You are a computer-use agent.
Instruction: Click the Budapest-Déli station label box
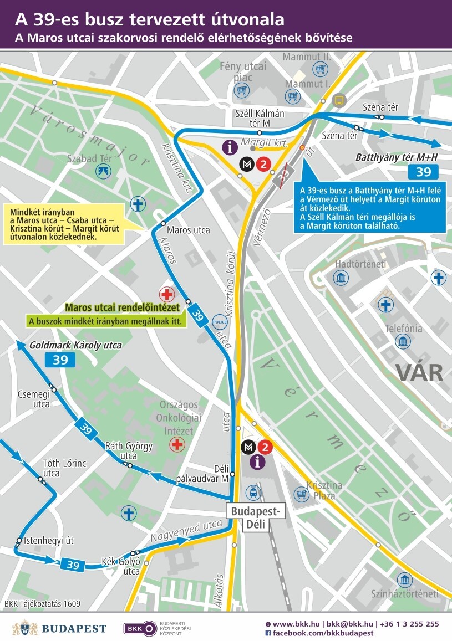(256, 511)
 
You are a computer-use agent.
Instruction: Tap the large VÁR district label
(419, 372)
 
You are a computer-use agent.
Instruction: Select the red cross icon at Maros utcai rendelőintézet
(166, 294)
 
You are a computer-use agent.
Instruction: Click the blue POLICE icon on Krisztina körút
(220, 321)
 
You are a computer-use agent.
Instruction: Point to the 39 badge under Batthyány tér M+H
(423, 172)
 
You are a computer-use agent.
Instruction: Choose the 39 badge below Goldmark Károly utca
(60, 360)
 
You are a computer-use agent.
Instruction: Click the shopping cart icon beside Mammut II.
(319, 69)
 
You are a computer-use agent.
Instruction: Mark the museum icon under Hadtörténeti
(341, 278)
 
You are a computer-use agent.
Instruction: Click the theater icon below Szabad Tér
(104, 171)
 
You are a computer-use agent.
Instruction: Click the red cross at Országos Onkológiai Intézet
(177, 444)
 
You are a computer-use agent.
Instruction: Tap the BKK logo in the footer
(140, 628)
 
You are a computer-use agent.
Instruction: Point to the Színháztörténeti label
(405, 593)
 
